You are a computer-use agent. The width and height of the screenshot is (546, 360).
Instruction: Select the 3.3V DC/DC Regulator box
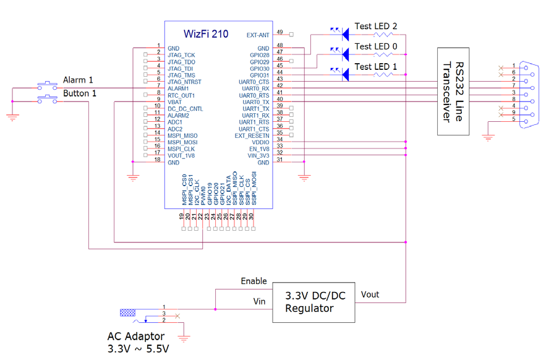pyautogui.click(x=314, y=301)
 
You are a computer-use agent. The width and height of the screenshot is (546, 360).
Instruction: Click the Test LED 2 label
pyautogui.click(x=376, y=27)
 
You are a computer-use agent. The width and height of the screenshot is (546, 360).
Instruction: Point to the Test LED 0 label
pyautogui.click(x=376, y=46)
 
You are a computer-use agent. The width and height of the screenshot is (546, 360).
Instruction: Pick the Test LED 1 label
pyautogui.click(x=376, y=66)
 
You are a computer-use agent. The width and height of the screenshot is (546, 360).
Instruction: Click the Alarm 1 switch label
pyautogui.click(x=79, y=80)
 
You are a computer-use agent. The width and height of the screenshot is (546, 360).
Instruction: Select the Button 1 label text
pyautogui.click(x=80, y=93)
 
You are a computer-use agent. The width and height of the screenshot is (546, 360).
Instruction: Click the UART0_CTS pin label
pyautogui.click(x=255, y=82)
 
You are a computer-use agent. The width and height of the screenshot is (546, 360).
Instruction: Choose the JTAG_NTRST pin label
pyautogui.click(x=184, y=82)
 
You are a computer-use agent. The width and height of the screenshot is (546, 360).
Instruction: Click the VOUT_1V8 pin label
pyautogui.click(x=182, y=155)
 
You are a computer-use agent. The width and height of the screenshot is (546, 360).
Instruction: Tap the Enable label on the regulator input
pyautogui.click(x=254, y=281)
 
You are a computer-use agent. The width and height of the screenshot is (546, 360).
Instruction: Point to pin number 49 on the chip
pyautogui.click(x=279, y=32)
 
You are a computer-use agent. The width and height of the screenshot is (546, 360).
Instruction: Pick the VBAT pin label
pyautogui.click(x=176, y=101)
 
